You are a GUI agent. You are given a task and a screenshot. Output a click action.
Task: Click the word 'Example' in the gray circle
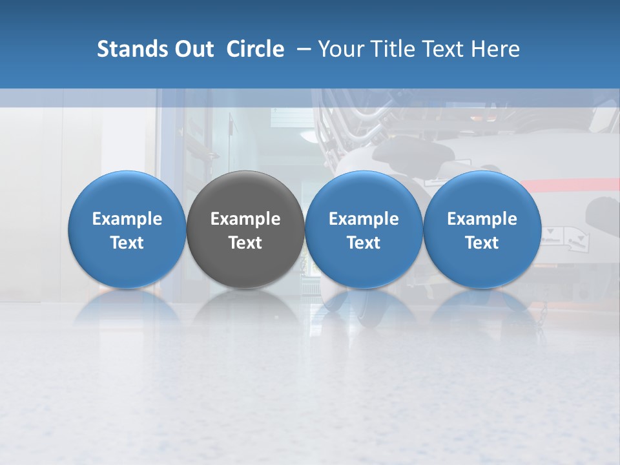pos(245,219)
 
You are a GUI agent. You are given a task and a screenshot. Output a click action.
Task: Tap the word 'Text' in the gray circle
pos(245,243)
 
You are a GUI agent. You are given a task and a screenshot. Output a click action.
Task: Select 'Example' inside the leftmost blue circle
pos(127,219)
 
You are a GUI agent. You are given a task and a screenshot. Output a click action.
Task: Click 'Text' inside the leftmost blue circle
pos(127,243)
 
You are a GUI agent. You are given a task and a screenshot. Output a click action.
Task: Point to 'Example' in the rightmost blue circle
pos(482,219)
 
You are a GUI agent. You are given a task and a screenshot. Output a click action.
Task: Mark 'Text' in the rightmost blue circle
pos(482,243)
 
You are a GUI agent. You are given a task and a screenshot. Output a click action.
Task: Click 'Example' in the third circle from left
pos(364,219)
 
